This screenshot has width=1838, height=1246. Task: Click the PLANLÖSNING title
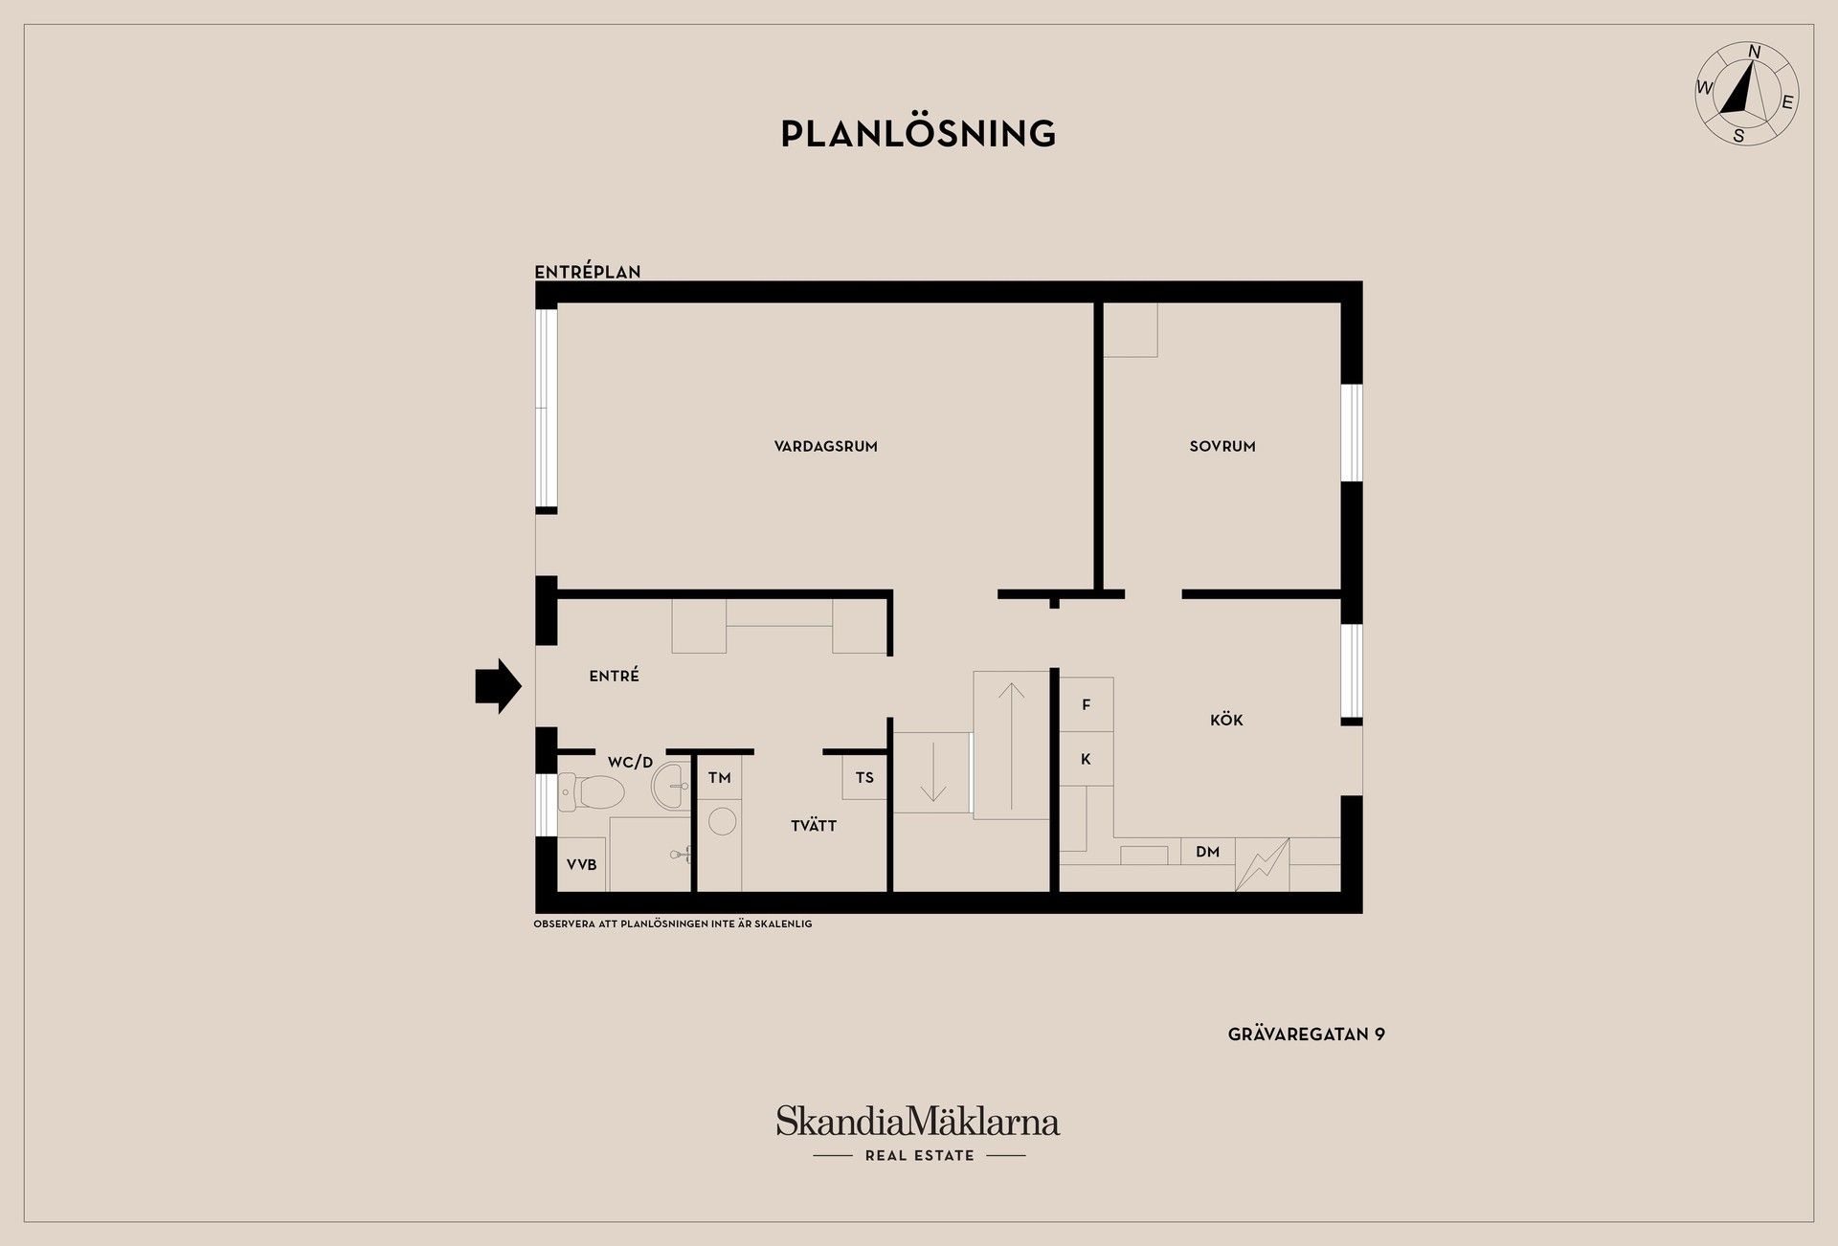point(918,134)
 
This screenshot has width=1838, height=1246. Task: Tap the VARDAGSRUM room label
point(826,446)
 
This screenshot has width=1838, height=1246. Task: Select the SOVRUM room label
point(1222,446)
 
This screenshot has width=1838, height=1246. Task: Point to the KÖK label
point(1226,720)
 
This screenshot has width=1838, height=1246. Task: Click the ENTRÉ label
point(615,676)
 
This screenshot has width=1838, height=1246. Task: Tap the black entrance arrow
point(498,685)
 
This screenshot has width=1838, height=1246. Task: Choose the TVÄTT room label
point(814,825)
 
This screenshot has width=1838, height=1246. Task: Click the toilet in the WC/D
point(593,791)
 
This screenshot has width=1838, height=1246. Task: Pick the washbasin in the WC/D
point(671,786)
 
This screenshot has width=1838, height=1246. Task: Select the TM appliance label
point(720,778)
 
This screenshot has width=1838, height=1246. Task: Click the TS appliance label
point(864,778)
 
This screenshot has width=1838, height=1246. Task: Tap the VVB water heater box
point(582,865)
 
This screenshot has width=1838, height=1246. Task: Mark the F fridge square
point(1087,704)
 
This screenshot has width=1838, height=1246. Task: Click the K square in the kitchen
point(1087,759)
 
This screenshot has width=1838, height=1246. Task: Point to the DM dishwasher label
point(1208,852)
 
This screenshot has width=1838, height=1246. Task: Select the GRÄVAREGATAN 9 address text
point(1307,1035)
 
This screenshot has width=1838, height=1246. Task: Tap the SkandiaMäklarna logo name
point(918,1122)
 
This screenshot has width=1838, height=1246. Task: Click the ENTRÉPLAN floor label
point(588,272)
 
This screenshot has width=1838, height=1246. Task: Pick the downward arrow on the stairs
point(933,771)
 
